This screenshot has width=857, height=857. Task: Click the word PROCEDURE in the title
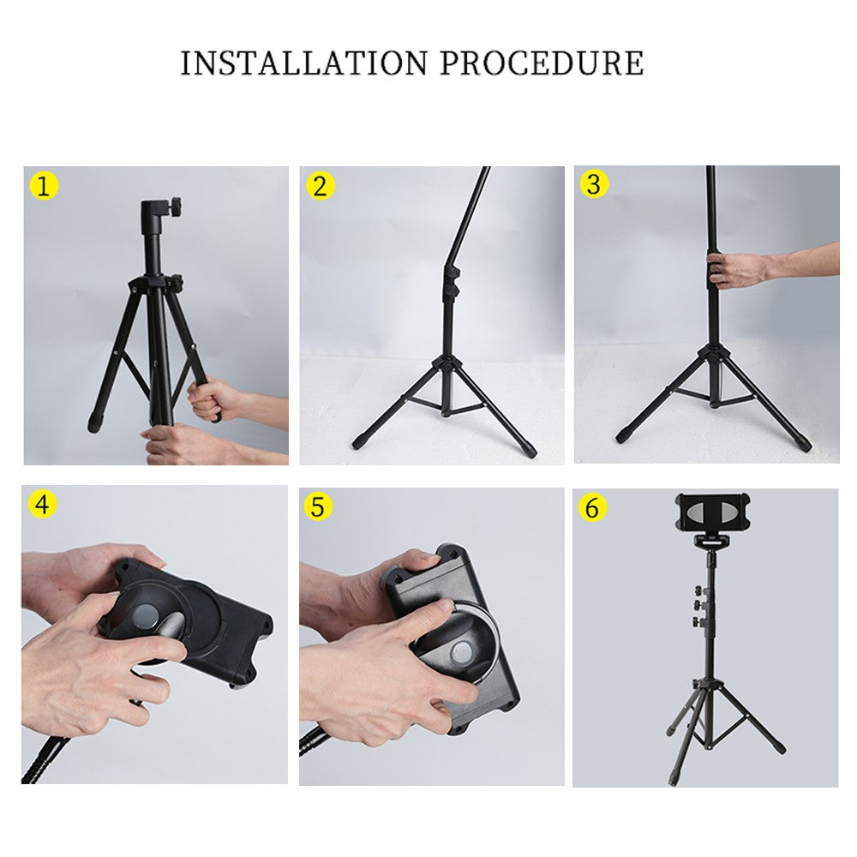click(542, 63)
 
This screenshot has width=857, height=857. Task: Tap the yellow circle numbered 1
click(44, 186)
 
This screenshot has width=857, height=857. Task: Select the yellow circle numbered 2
click(320, 186)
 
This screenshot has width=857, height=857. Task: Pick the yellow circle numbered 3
click(594, 184)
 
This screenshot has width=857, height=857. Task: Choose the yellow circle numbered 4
click(42, 504)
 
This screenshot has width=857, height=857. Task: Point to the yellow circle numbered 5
click(318, 506)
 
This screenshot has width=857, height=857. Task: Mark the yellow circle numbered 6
click(592, 507)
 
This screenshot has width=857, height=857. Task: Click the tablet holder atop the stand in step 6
click(712, 512)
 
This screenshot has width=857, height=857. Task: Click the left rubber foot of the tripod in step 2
click(360, 440)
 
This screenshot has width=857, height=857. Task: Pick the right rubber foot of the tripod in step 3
click(802, 443)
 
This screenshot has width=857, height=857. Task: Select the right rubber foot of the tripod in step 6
click(778, 747)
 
